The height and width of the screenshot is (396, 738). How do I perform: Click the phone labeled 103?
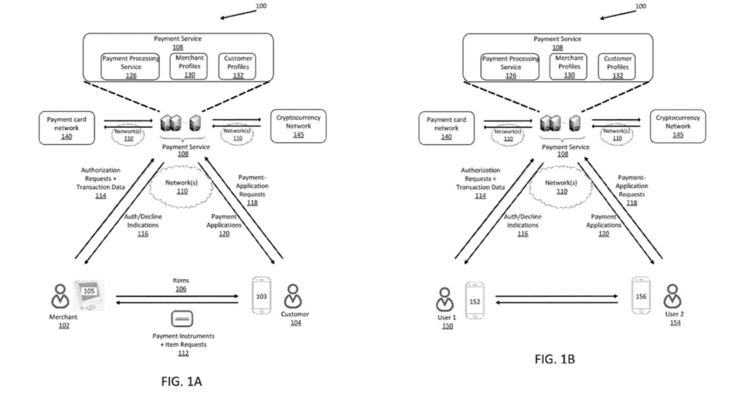coord(262,296)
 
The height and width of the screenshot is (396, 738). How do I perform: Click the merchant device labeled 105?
coord(88,292)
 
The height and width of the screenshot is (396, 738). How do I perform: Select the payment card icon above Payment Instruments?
coord(179,318)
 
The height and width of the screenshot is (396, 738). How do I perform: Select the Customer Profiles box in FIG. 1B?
coord(618,66)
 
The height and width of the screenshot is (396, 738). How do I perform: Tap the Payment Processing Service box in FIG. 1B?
coord(510,66)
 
